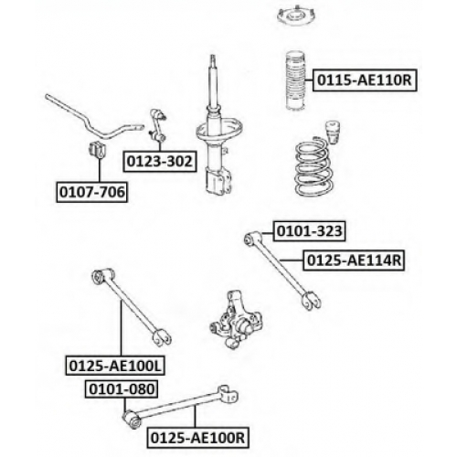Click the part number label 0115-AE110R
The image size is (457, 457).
pos(365,80)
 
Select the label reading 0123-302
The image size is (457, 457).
pos(160,161)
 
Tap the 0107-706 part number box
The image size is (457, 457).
pos(92,192)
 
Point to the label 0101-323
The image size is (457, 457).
pos(309,231)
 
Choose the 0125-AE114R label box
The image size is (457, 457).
pos(354,260)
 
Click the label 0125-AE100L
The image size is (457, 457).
pos(115,365)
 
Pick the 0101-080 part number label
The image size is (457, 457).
pos(122,389)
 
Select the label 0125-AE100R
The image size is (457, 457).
pos(197,438)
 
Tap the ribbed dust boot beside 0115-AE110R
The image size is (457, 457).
pos(295,81)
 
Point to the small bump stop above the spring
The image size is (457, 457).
pos(333,133)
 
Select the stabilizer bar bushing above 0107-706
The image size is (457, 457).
pos(97,150)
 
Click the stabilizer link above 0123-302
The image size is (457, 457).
pos(158,126)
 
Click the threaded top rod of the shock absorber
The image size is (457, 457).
pos(213,80)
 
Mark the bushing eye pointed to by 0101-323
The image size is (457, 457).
pos(250,239)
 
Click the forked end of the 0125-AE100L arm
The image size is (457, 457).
pos(162,337)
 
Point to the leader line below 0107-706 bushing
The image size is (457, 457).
pos(99,170)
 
